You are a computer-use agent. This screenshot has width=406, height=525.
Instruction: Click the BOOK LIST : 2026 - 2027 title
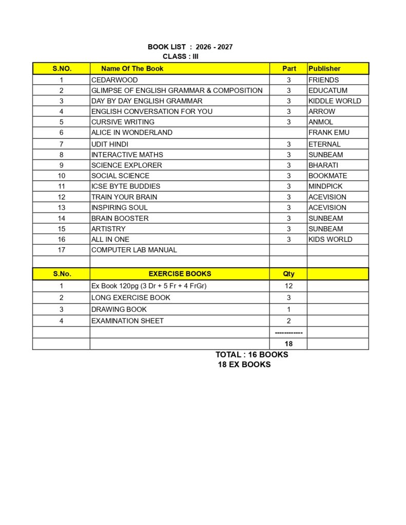[x=190, y=47]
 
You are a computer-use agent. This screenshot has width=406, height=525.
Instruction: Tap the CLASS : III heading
[x=181, y=56]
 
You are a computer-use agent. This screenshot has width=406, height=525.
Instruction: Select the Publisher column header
[x=324, y=68]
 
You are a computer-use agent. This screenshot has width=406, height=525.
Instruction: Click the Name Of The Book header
[x=132, y=68]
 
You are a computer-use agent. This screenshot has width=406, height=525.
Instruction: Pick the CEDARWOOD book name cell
[x=114, y=80]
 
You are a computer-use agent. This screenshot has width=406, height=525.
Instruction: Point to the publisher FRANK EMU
[x=328, y=132]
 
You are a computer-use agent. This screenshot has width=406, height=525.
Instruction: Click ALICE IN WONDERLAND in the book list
[x=132, y=132]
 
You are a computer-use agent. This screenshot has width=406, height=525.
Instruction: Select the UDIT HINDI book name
[x=110, y=144]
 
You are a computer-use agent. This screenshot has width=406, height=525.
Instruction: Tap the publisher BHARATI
[x=323, y=165]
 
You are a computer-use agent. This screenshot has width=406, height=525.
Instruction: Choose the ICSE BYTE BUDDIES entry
[x=126, y=186]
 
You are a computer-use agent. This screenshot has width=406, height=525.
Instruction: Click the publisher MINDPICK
[x=325, y=186]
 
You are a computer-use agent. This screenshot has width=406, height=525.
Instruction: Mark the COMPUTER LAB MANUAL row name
[x=134, y=250]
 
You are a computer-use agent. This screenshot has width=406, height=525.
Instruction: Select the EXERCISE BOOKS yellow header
[x=180, y=274]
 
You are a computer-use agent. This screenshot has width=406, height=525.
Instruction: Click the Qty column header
[x=288, y=274]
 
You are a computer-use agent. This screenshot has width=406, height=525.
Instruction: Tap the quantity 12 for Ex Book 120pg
[x=288, y=286]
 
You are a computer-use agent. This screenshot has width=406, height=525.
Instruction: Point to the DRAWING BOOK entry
[x=119, y=309]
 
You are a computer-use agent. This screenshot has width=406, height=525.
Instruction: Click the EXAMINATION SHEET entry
[x=127, y=321]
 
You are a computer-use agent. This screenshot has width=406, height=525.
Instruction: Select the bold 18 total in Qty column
[x=288, y=344]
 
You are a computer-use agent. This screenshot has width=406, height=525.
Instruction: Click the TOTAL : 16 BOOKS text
[x=252, y=354]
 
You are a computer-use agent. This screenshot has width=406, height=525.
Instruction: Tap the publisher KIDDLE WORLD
[x=335, y=101]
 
